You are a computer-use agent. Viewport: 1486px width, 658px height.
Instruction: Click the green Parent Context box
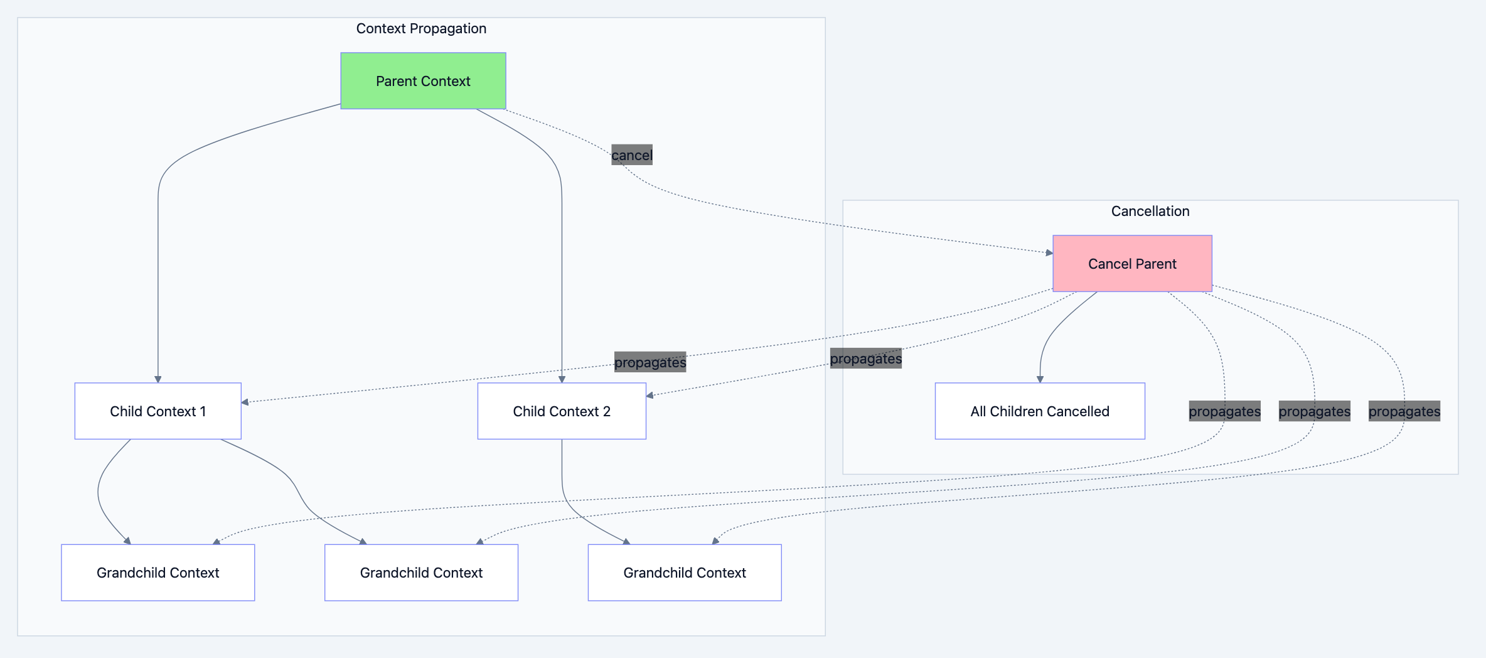pyautogui.click(x=423, y=81)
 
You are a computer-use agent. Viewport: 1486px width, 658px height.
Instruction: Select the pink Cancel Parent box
pyautogui.click(x=1132, y=264)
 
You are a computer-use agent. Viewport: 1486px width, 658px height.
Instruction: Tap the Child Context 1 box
pyautogui.click(x=158, y=411)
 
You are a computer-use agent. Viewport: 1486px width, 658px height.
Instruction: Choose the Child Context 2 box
pyautogui.click(x=562, y=411)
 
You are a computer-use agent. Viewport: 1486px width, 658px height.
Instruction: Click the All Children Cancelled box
pyautogui.click(x=1040, y=411)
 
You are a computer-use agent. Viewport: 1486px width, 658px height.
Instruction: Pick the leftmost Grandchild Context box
pyautogui.click(x=158, y=573)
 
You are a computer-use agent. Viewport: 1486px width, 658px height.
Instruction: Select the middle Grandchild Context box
pyautogui.click(x=421, y=573)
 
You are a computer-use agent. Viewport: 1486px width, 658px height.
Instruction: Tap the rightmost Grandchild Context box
pyautogui.click(x=685, y=573)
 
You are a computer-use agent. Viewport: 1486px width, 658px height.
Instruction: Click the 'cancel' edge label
pyautogui.click(x=632, y=155)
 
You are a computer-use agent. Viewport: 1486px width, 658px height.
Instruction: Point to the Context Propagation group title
pyautogui.click(x=421, y=28)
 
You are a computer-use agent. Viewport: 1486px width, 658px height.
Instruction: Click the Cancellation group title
pyautogui.click(x=1150, y=211)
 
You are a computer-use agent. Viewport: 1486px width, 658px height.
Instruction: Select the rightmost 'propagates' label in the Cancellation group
pyautogui.click(x=1404, y=411)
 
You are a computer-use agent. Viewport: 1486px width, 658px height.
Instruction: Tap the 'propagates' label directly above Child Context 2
pyautogui.click(x=650, y=362)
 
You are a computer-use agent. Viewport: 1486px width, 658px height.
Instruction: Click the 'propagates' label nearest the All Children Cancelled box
pyautogui.click(x=1224, y=411)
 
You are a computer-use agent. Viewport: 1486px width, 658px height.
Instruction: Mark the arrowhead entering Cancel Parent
pyautogui.click(x=1049, y=252)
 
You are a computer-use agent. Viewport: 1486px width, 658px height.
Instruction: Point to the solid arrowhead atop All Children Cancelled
pyautogui.click(x=1040, y=379)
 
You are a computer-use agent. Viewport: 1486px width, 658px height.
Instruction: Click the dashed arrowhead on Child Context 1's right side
pyautogui.click(x=245, y=402)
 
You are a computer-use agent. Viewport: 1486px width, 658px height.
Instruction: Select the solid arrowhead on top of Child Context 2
pyautogui.click(x=562, y=379)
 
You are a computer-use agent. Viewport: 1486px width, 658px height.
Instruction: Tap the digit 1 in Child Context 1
pyautogui.click(x=203, y=411)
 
